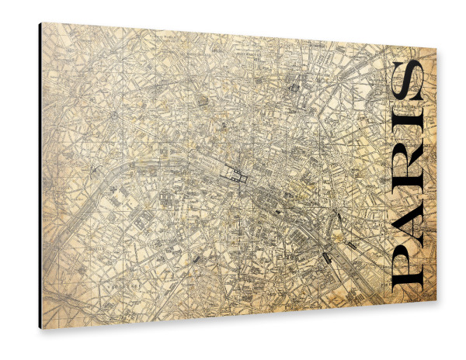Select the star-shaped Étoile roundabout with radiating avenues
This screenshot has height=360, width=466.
114,115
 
